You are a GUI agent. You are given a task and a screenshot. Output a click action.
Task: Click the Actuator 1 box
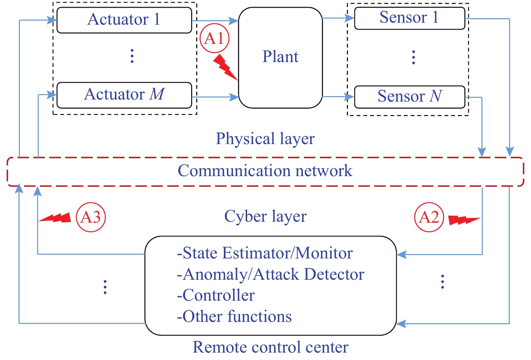124,20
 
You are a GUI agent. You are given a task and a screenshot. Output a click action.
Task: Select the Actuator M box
124,95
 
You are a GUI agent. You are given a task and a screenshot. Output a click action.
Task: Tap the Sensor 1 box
410,18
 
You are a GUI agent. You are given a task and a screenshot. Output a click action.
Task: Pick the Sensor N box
410,97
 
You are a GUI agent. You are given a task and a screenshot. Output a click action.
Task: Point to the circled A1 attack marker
214,38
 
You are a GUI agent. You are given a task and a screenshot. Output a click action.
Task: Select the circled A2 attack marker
429,217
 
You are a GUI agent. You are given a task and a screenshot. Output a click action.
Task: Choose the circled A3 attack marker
91,217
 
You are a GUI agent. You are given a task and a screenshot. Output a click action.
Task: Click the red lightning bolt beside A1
225,67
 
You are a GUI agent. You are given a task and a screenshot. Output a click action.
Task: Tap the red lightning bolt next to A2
464,220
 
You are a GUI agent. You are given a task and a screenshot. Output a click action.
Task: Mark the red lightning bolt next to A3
55,218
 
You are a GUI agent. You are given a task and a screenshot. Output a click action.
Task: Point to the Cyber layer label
266,216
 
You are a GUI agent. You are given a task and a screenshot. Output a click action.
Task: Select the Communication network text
265,170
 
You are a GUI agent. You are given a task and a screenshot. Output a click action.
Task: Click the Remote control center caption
270,347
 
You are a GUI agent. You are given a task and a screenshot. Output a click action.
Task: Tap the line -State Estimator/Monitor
265,253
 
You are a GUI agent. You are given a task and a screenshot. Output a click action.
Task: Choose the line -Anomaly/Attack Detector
270,274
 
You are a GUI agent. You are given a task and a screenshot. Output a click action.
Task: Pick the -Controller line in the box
216,295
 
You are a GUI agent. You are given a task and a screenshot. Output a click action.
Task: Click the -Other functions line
234,316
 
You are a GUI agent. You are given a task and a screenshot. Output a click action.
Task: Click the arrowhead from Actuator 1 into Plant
233,21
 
